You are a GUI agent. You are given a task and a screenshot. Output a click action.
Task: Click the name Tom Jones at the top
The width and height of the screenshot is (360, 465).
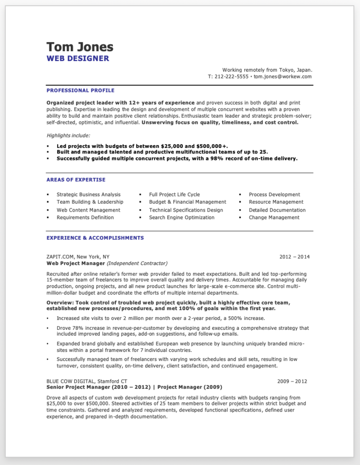coord(80,47)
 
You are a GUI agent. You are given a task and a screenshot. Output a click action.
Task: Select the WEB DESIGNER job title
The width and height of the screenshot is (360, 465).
coord(78,59)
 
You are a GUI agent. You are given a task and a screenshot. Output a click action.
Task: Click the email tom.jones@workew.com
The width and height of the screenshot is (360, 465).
coord(283,76)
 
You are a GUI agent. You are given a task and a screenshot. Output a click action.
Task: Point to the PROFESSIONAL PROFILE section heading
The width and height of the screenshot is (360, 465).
coord(80,90)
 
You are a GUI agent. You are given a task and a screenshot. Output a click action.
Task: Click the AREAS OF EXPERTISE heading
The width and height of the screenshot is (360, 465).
coord(76,180)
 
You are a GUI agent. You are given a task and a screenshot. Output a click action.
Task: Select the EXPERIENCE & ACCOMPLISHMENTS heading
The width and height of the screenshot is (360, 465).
coord(95,238)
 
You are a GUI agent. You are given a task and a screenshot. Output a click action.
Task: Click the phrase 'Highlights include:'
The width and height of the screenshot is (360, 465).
coord(67,136)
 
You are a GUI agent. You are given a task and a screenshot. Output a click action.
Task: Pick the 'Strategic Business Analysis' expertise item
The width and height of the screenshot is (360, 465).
coord(89,194)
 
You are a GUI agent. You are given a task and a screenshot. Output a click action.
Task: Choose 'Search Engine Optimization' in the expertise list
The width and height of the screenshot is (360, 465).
coord(181,217)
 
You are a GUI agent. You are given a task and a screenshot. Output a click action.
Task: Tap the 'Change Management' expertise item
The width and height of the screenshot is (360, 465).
coord(274,217)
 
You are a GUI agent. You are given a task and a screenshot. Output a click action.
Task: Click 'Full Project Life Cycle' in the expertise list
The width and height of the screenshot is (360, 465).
coord(174,194)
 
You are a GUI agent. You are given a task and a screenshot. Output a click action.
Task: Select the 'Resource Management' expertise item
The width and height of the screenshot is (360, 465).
coord(276,202)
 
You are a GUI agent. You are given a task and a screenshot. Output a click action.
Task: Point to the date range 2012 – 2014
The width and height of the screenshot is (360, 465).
coord(294,257)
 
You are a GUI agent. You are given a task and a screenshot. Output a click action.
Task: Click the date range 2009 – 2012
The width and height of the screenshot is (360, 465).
coord(292,381)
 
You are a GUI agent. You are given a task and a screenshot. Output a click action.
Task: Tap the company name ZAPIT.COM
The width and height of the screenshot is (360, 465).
coord(61,257)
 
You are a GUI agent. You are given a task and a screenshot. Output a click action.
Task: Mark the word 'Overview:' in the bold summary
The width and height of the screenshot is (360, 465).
coord(60,303)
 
